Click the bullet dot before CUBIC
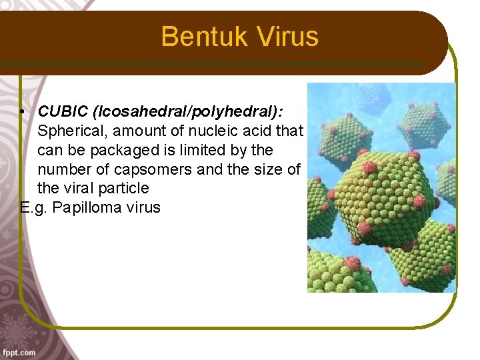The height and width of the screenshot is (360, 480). (x=23, y=111)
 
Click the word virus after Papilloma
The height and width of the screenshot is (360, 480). (x=141, y=207)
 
